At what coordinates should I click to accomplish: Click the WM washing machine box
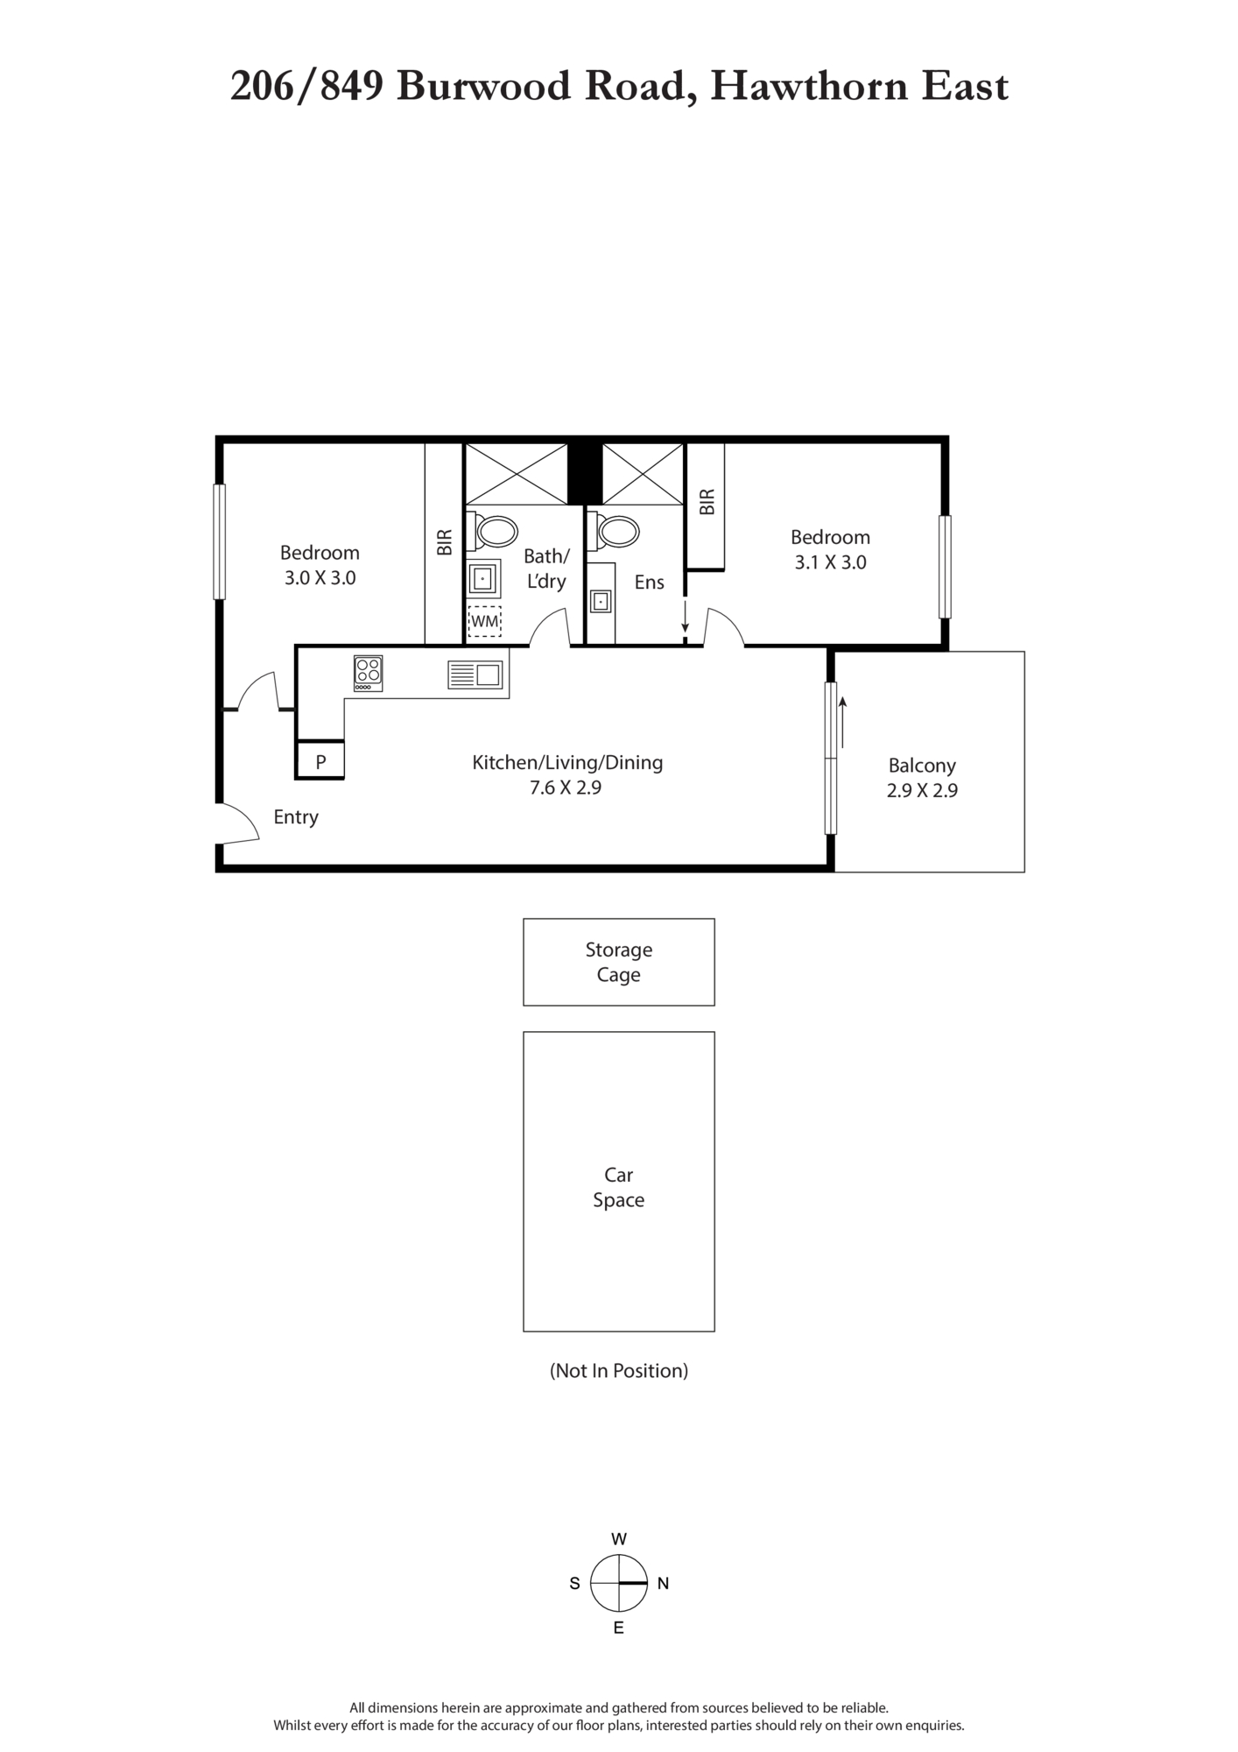click(484, 621)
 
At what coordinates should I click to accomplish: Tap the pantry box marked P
click(320, 760)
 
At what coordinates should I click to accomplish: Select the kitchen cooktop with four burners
click(368, 673)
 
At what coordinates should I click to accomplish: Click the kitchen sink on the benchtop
click(475, 675)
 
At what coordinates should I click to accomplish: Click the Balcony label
click(922, 765)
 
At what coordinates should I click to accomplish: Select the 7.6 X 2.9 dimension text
click(566, 788)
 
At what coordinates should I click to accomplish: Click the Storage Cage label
click(619, 962)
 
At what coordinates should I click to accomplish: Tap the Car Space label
click(619, 1187)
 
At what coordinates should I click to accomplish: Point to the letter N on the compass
click(663, 1583)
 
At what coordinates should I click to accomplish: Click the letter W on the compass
click(619, 1538)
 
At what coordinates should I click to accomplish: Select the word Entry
click(296, 817)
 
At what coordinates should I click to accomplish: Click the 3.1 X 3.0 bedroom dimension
click(831, 562)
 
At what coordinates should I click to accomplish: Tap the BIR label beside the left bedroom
click(445, 542)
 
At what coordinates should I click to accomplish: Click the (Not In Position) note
click(619, 1371)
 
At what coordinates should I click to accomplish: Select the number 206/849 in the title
click(307, 87)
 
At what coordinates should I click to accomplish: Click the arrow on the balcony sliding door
click(842, 723)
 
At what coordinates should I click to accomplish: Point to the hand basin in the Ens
click(601, 602)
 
